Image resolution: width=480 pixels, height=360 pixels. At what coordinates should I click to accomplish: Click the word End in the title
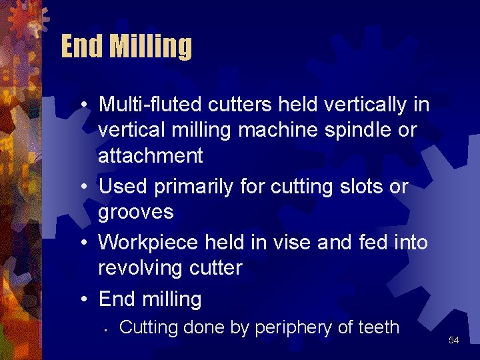tap(81, 47)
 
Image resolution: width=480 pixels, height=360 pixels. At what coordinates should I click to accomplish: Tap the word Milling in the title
tap(151, 47)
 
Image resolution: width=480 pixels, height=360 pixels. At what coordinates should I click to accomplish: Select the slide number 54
tap(454, 340)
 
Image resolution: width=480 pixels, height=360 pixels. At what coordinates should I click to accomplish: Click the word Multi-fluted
tap(151, 105)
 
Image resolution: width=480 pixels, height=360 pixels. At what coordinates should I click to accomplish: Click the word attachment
tap(150, 155)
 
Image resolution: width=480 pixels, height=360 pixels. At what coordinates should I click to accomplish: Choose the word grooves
tap(136, 212)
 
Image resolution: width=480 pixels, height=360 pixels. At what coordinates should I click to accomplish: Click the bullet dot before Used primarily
tap(88, 187)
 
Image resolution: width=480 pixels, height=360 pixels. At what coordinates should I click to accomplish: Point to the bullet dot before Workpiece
tap(88, 243)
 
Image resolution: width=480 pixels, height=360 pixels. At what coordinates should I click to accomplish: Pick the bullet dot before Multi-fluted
tap(88, 105)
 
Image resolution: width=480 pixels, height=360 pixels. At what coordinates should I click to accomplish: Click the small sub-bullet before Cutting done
tap(107, 330)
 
